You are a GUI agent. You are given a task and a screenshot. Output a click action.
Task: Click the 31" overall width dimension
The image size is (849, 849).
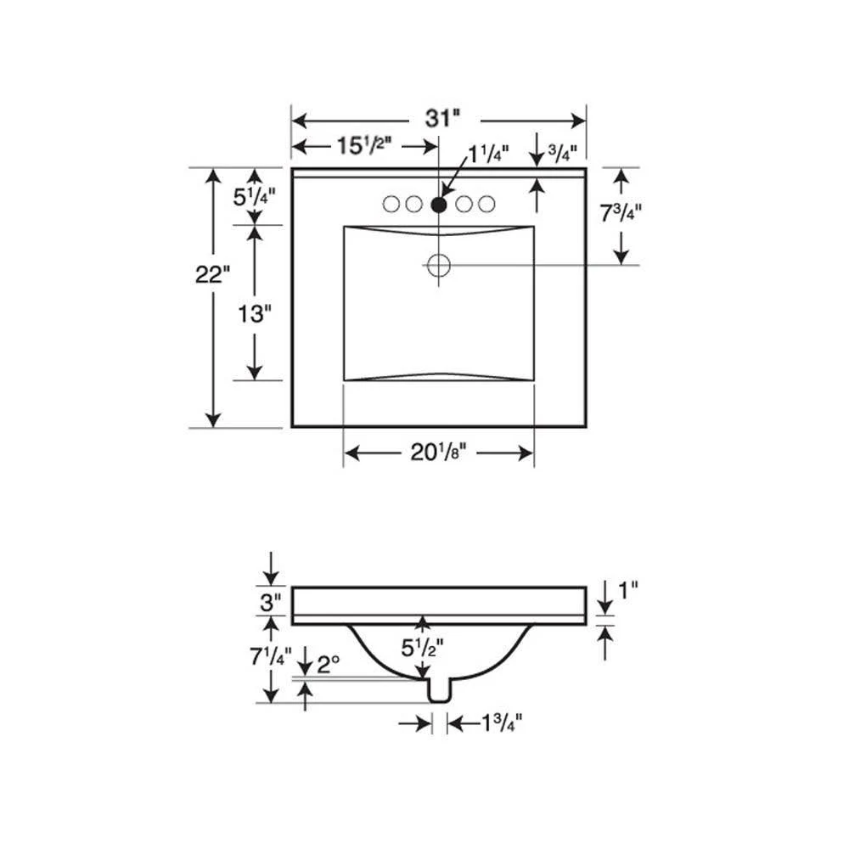(442, 119)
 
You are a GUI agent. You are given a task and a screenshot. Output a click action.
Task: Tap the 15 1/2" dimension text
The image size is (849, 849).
(364, 146)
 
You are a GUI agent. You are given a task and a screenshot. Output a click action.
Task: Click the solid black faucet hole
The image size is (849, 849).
(439, 205)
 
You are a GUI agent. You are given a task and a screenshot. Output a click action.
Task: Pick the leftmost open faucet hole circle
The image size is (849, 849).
(391, 204)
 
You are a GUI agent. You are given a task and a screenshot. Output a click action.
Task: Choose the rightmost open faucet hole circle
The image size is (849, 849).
(486, 204)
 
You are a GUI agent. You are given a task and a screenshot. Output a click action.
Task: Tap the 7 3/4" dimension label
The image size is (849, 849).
(621, 213)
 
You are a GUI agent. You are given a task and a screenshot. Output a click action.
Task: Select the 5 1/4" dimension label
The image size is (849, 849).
(254, 197)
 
